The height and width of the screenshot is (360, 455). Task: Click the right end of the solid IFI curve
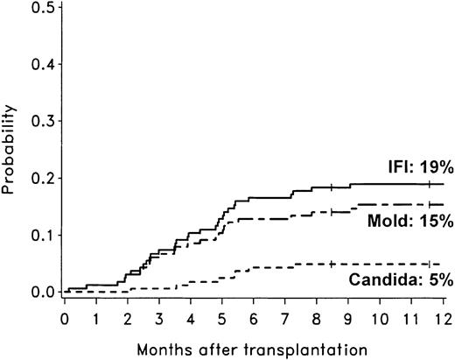click(444, 184)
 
